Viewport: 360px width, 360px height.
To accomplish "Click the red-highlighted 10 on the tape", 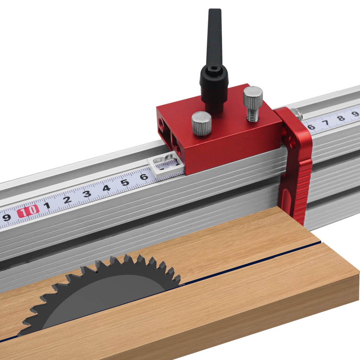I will [x=28, y=211].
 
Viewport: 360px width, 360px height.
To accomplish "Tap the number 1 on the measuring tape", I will [x=47, y=205].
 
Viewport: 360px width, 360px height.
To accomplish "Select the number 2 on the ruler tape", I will [x=67, y=200].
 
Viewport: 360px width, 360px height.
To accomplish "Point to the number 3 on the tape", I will [x=86, y=194].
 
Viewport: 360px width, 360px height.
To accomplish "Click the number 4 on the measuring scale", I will [x=106, y=188].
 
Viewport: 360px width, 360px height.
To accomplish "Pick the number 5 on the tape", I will [x=125, y=182].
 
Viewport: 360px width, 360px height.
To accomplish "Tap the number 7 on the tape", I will [x=326, y=123].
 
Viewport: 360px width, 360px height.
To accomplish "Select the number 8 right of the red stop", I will [x=341, y=118].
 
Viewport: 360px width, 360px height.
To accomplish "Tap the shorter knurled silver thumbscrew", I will [x=201, y=123].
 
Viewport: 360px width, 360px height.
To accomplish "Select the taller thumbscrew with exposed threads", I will [x=253, y=102].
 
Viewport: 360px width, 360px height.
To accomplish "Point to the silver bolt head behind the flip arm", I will [x=298, y=114].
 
